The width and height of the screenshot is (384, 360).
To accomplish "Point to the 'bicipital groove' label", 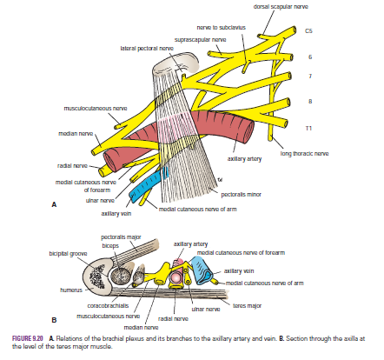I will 66,254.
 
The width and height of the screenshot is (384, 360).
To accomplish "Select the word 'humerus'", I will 71,284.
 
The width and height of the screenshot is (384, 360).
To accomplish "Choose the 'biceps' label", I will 109,245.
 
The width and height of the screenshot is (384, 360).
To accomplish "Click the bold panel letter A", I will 54,205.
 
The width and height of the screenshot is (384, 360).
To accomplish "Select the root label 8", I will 308,102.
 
